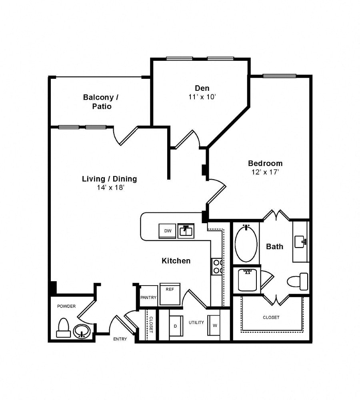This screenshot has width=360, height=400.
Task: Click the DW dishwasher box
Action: [167, 231]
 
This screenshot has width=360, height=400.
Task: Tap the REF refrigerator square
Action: [170, 294]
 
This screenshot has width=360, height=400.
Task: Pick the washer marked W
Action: [214, 325]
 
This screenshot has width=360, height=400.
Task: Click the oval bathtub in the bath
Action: [246, 243]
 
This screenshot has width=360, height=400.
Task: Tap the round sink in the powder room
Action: [82, 331]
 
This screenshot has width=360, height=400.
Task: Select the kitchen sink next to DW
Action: [186, 231]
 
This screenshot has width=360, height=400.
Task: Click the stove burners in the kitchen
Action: [217, 266]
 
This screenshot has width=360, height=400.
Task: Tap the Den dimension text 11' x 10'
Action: [202, 97]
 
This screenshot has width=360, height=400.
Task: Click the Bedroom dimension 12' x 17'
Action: [265, 172]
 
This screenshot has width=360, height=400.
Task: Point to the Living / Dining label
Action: [109, 179]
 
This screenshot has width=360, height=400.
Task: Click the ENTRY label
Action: [120, 339]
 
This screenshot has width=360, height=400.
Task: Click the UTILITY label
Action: [196, 322]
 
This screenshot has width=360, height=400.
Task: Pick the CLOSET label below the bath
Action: [271, 317]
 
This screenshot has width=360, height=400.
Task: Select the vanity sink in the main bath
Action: [300, 242]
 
